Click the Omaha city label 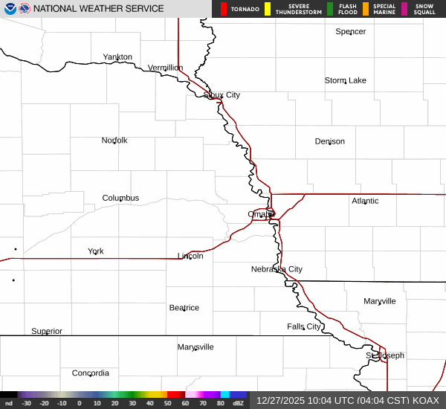pyautogui.click(x=261, y=214)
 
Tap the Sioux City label pyautogui.click(x=222, y=95)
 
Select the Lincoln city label pyautogui.click(x=190, y=256)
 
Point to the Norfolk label pyautogui.click(x=114, y=141)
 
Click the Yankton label pyautogui.click(x=117, y=57)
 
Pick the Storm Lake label pyautogui.click(x=345, y=80)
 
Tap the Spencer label pyautogui.click(x=350, y=31)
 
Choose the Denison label pyautogui.click(x=329, y=141)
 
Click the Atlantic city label pyautogui.click(x=365, y=201)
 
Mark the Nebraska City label pyautogui.click(x=277, y=269)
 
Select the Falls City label pyautogui.click(x=303, y=326)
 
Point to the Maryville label pyautogui.click(x=380, y=301)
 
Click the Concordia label pyautogui.click(x=91, y=373)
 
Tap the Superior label pyautogui.click(x=47, y=331)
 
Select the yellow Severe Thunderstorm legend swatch pyautogui.click(x=267, y=9)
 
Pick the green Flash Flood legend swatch pyautogui.click(x=329, y=9)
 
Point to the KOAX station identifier pyautogui.click(x=427, y=400)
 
